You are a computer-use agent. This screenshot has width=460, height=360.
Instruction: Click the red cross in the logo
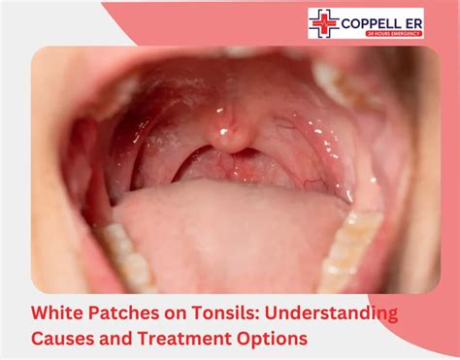pos(323,21)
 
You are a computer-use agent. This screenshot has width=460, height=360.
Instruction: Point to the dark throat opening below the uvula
pos(230,167)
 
